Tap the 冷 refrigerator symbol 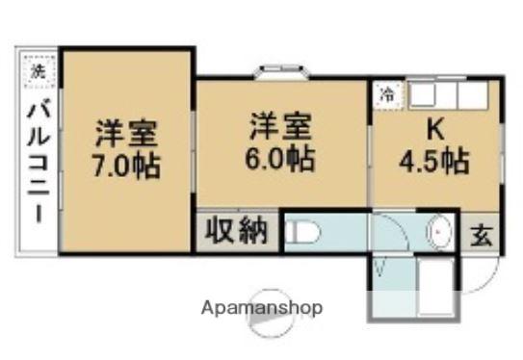[x=386, y=96]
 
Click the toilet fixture [x=302, y=233]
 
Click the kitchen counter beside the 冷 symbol [x=447, y=96]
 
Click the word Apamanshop [x=262, y=309]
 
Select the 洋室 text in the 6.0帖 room [x=280, y=125]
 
